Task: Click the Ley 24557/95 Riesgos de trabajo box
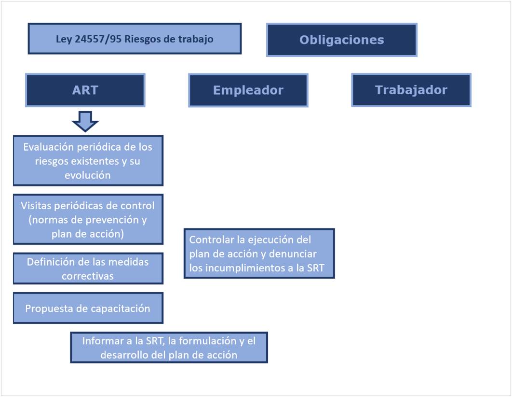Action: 135,39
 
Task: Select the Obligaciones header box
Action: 341,40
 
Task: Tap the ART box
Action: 85,90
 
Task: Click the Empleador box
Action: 248,90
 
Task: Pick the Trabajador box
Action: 411,90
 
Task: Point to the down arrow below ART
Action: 85,121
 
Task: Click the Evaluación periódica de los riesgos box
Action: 88,160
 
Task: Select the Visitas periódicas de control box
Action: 88,219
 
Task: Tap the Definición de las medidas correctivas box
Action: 88,268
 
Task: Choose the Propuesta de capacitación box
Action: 88,308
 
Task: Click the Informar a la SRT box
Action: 169,347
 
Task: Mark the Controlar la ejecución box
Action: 259,253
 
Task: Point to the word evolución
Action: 88,175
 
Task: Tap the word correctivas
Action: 88,276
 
